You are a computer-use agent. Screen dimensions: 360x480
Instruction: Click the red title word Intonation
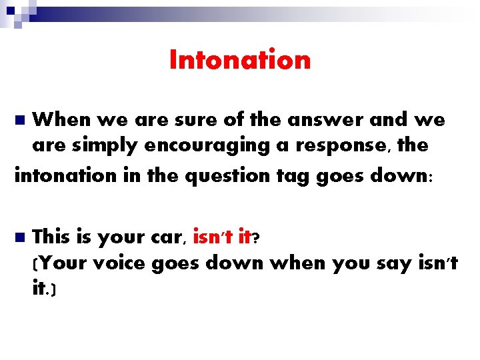[240, 60]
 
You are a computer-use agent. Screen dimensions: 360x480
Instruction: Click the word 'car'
[167, 237]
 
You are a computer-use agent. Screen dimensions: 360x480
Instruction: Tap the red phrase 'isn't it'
[221, 236]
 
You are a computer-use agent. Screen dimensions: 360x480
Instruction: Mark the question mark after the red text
[256, 237]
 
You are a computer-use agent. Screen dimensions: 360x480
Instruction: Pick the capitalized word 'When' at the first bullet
[63, 120]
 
